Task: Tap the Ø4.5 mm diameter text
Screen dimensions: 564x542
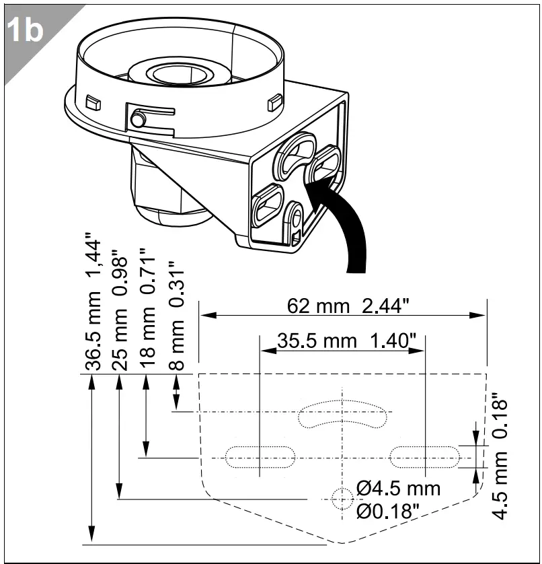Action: click(399, 487)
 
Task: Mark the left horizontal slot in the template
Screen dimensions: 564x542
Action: click(260, 458)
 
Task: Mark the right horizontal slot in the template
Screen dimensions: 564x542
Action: click(426, 457)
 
